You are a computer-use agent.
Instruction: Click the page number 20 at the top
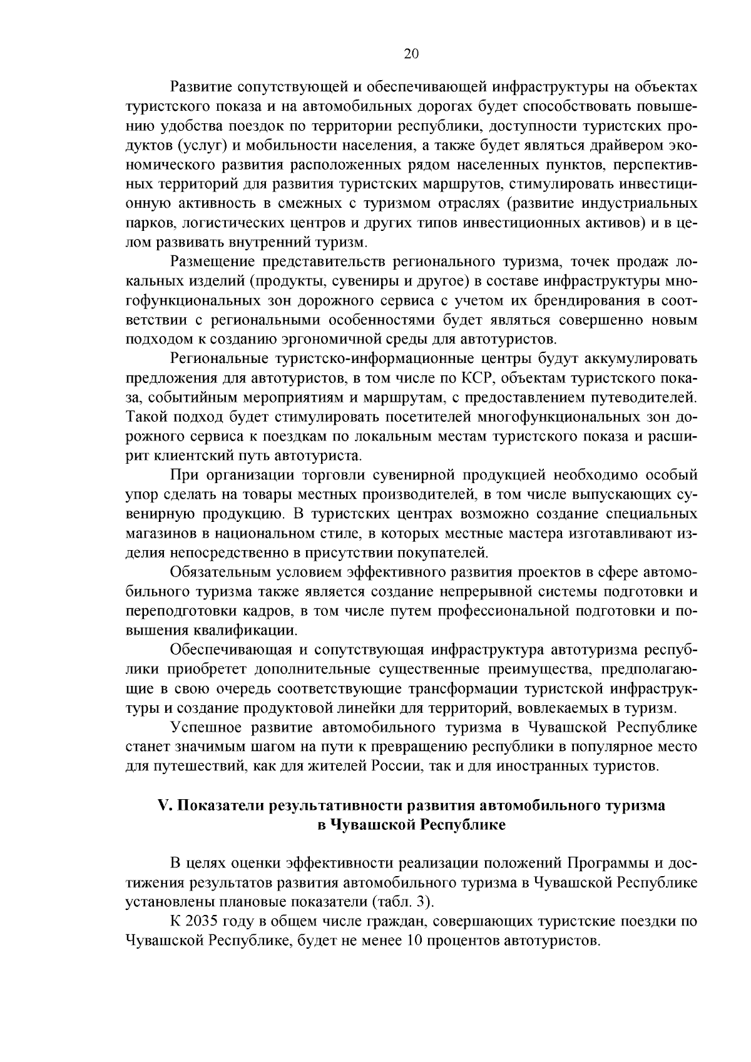[x=411, y=54]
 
